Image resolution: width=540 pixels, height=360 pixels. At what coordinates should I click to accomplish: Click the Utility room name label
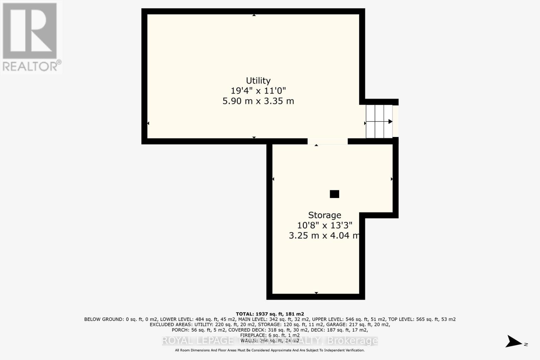[x=258, y=81]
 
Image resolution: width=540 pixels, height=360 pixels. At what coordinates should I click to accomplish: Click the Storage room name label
[x=325, y=215]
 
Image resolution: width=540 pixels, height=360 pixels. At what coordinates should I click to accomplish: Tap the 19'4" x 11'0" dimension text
[x=258, y=91]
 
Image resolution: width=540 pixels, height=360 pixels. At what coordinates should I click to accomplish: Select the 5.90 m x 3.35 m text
[x=258, y=101]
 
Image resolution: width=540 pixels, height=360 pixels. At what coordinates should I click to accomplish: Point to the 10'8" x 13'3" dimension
[x=325, y=225]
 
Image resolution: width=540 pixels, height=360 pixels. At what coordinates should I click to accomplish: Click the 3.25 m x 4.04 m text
[x=324, y=235]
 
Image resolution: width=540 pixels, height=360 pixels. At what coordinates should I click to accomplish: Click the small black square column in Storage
[x=334, y=194]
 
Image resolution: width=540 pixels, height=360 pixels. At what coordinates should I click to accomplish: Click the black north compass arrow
[x=514, y=341]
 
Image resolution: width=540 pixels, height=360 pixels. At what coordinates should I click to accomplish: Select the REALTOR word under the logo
[x=30, y=66]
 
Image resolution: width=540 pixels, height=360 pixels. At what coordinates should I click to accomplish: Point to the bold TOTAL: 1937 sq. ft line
[x=270, y=314]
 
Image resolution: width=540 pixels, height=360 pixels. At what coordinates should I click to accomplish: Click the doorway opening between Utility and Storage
[x=327, y=141]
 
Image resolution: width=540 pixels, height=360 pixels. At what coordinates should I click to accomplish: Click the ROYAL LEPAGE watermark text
[x=197, y=341]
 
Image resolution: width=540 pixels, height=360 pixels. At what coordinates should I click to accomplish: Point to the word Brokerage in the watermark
[x=353, y=341]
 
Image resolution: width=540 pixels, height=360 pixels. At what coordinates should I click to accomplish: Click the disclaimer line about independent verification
[x=270, y=350]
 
